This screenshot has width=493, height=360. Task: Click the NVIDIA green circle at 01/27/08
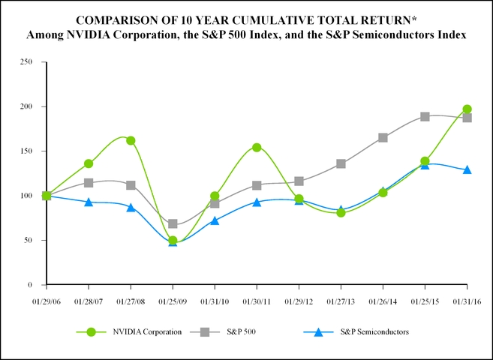pyautogui.click(x=131, y=140)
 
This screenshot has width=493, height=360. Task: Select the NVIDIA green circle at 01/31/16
pyautogui.click(x=467, y=109)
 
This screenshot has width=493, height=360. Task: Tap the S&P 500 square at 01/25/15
pyautogui.click(x=425, y=116)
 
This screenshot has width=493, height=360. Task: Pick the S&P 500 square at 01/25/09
pyautogui.click(x=173, y=223)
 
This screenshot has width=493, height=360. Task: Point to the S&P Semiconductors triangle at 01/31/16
pyautogui.click(x=467, y=169)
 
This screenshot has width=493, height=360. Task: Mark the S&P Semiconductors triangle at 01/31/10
pyautogui.click(x=215, y=220)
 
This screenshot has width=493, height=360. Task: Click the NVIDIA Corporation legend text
pyautogui.click(x=147, y=332)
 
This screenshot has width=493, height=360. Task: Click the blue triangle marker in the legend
pyautogui.click(x=317, y=332)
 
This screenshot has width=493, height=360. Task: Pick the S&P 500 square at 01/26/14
pyautogui.click(x=383, y=137)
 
